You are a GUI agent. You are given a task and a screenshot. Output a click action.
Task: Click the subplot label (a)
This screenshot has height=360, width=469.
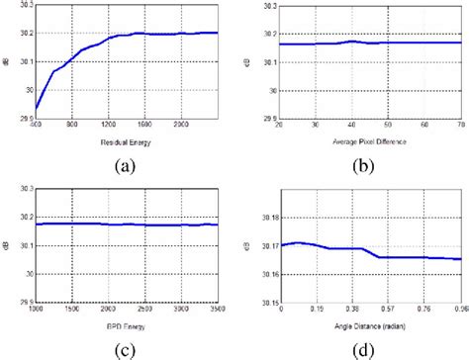126,165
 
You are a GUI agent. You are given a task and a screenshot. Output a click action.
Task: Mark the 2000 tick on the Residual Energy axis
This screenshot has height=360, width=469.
181,127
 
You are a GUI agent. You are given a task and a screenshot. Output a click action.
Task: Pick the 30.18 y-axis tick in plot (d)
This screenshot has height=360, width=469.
267,215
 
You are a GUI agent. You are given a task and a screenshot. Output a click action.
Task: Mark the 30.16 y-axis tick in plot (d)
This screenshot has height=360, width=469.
267,272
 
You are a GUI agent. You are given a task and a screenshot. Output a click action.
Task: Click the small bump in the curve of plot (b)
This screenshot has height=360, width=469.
351,41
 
